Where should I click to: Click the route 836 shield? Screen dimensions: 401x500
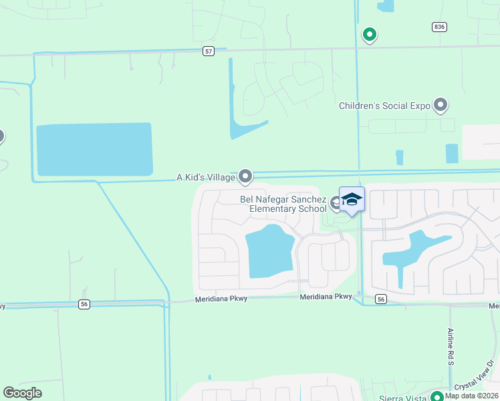439,26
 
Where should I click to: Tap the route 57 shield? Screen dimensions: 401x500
209,51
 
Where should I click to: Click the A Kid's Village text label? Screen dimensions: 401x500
205,177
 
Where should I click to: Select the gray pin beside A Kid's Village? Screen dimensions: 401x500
245,176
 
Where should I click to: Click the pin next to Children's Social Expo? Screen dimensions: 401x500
440,105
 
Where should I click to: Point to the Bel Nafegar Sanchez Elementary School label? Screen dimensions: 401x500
283,204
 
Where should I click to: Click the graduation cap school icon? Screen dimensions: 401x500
352,200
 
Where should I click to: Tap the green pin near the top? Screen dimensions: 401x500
368,34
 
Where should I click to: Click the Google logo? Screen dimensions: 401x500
23,393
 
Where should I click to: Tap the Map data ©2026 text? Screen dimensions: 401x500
471,396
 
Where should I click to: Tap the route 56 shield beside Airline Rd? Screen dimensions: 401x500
380,299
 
